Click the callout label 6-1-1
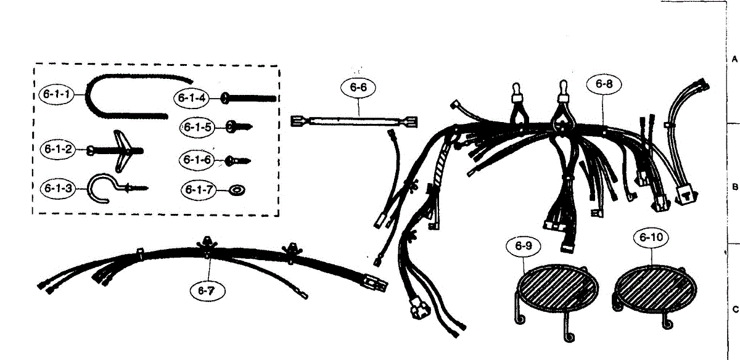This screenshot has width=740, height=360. tap(56, 95)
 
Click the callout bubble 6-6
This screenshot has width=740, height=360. tap(358, 88)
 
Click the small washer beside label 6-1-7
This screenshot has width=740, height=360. tap(236, 189)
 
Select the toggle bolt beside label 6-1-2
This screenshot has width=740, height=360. tap(123, 149)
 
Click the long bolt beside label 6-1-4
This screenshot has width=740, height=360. tap(250, 97)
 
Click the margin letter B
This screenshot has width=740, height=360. tap(734, 186)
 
